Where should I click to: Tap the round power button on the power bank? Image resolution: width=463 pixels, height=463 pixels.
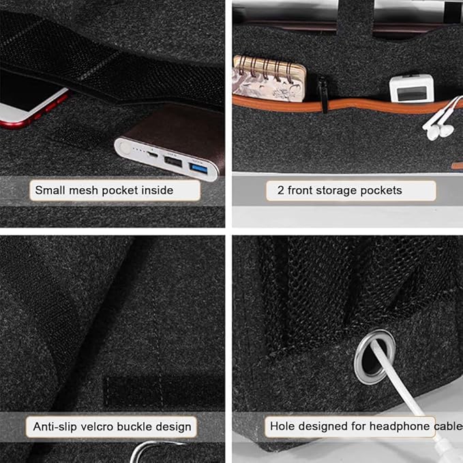124,147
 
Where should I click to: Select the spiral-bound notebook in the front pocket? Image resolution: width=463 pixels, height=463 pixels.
269,78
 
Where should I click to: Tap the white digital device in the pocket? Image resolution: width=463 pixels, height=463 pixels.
412,88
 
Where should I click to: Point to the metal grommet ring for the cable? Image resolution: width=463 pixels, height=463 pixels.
375,357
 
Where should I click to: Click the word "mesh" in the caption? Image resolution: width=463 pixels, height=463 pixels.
84,190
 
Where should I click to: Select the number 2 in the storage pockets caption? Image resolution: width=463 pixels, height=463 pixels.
280,190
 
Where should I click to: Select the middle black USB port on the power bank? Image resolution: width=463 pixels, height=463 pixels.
173,162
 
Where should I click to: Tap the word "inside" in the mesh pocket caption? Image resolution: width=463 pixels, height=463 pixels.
158,190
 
